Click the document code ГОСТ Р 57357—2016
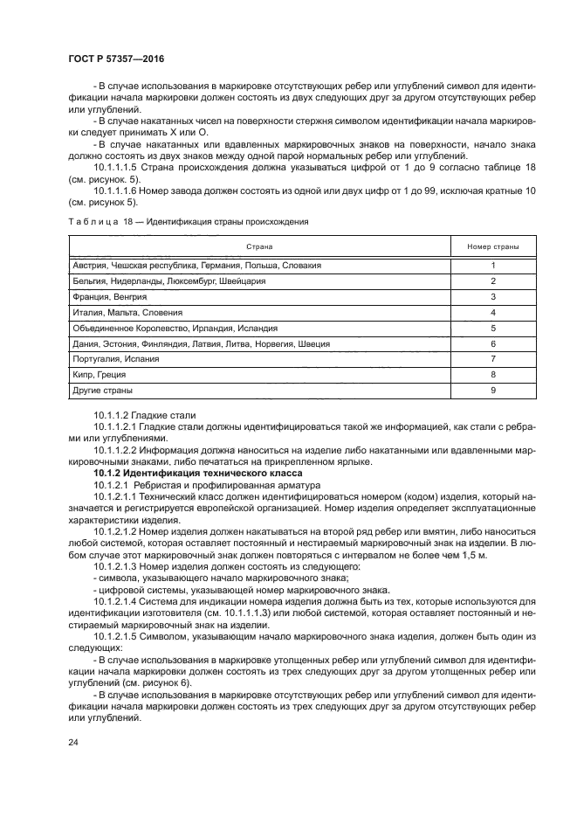pyautogui.click(x=115, y=58)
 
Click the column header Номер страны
pyautogui.click(x=493, y=246)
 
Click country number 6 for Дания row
pyautogui.click(x=493, y=343)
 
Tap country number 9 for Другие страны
pyautogui.click(x=493, y=391)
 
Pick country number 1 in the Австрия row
pyautogui.click(x=493, y=265)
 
